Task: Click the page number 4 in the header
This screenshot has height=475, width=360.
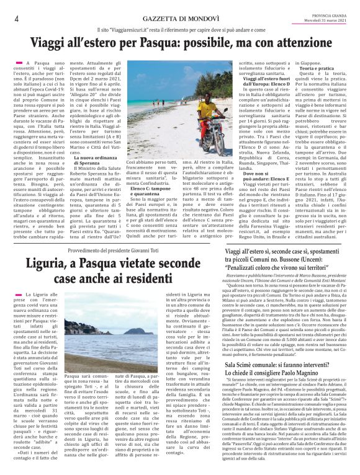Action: coord(16,19)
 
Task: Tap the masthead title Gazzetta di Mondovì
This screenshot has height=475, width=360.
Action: coord(180,19)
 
